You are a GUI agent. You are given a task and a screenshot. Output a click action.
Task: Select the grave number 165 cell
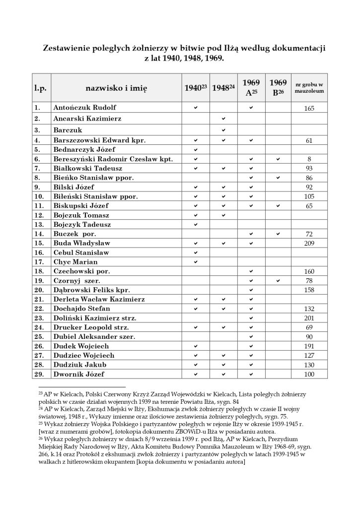tap(309, 108)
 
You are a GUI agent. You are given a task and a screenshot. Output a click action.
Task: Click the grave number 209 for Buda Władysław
tap(309, 244)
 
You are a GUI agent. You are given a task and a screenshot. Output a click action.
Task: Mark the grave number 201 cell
tap(309, 318)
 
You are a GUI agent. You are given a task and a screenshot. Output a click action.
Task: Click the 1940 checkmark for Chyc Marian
tap(195, 262)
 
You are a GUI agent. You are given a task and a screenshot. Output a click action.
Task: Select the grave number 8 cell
tap(309, 160)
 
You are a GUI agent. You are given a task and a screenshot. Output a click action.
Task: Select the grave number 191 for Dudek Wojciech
tap(309, 346)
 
